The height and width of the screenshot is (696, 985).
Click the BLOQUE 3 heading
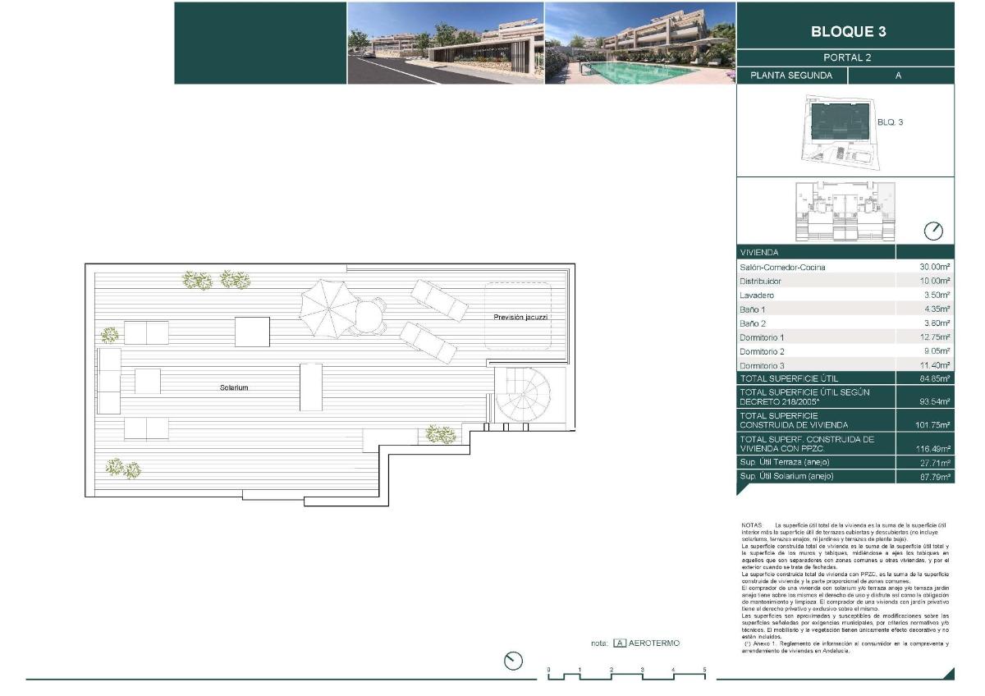848,32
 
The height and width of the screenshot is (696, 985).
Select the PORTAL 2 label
846,57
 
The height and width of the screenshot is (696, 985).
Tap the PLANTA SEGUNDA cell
791,76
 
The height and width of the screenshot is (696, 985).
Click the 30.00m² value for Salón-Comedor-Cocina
934,268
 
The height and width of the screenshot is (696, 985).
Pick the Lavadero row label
757,295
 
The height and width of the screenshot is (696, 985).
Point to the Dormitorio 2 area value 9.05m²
934,351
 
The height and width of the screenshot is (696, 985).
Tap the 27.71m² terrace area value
934,463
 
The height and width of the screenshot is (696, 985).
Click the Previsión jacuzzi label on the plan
520,317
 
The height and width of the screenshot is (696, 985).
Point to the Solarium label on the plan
234,387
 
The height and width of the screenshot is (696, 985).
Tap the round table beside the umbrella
370,315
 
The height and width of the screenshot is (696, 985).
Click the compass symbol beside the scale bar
514,660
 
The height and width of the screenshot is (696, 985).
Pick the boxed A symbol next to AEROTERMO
620,643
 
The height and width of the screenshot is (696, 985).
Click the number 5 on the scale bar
704,671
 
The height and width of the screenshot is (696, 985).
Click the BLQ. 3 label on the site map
890,122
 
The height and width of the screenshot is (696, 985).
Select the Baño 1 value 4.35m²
934,309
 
